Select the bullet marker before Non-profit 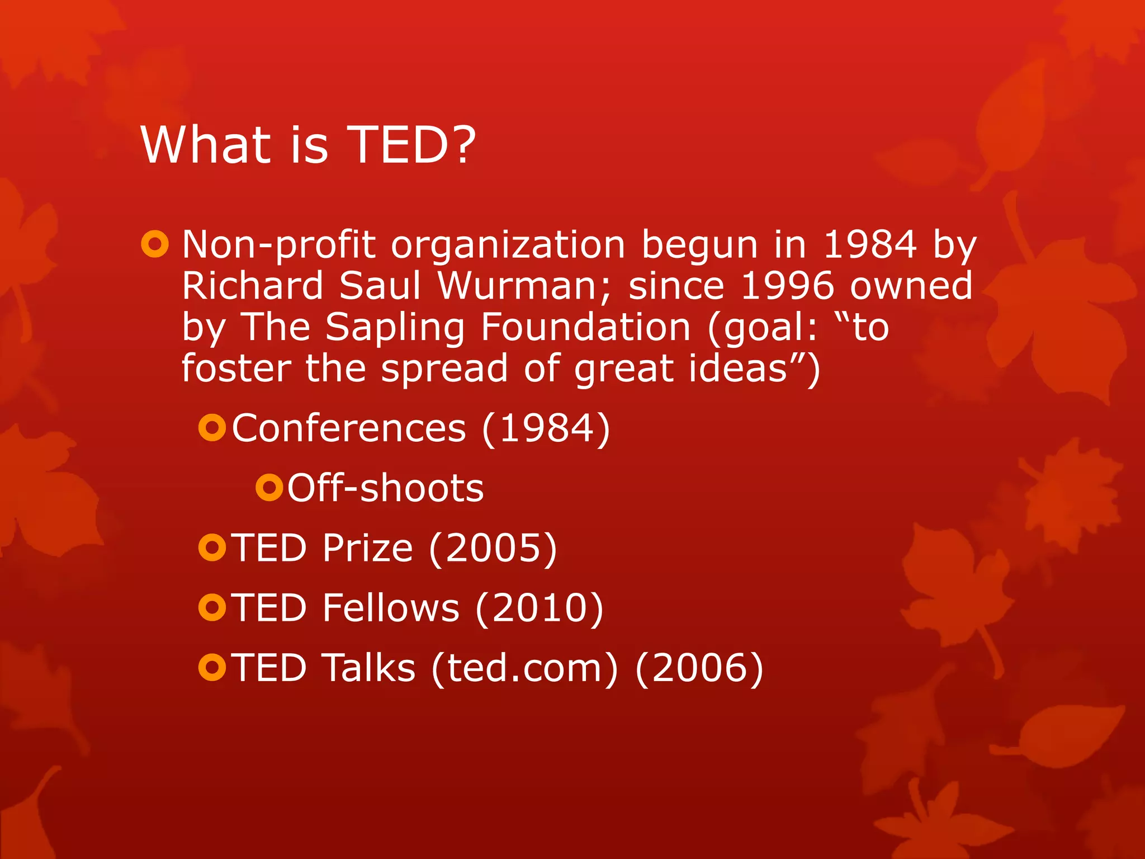coord(154,244)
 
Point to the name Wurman coord(517,286)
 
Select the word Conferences coord(349,428)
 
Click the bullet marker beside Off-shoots coord(269,487)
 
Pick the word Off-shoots coord(385,488)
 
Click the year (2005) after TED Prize coord(493,548)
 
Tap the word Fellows coord(391,608)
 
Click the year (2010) coord(540,608)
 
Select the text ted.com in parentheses coord(524,668)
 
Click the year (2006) coord(699,668)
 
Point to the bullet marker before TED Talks coord(212,667)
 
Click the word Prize coord(367,548)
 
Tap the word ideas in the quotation coord(737,369)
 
